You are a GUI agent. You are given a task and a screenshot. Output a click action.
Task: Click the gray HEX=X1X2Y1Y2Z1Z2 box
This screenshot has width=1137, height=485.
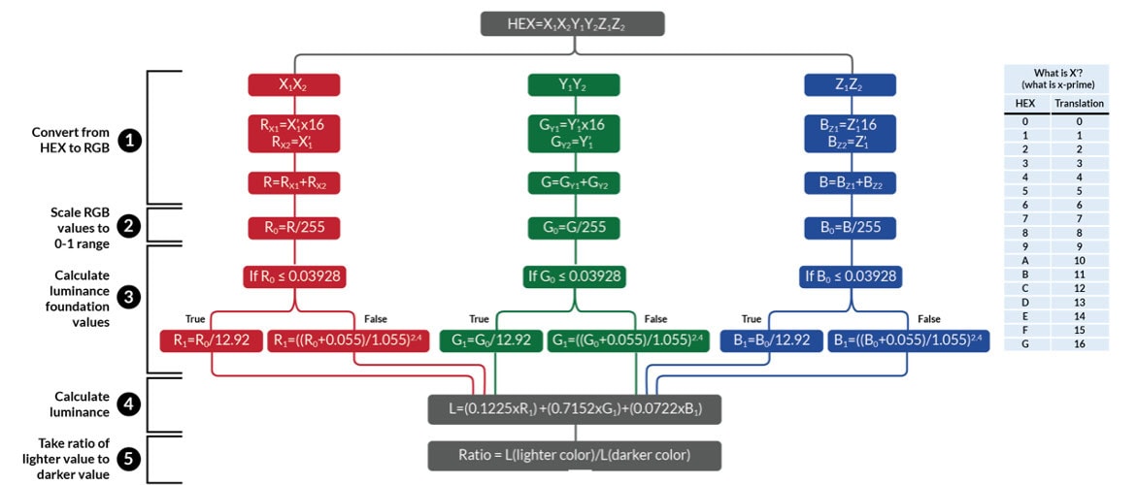point(572,24)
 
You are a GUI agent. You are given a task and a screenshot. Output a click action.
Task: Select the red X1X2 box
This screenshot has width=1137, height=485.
point(293,84)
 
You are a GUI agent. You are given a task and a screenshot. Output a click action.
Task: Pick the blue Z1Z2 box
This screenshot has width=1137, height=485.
point(850,84)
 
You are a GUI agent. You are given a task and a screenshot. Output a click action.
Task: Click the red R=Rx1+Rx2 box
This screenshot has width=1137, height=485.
point(293,181)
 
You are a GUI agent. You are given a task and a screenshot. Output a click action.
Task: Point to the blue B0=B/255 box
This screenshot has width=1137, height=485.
point(850,228)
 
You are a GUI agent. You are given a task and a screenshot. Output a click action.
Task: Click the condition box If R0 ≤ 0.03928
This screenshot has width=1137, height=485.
point(293,276)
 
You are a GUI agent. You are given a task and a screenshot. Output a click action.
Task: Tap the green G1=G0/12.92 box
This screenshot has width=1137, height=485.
point(490,340)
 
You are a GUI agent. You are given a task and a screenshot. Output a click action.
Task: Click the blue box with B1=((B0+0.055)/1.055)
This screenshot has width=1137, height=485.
point(908,340)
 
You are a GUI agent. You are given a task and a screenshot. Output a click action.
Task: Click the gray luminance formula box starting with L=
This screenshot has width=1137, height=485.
point(574,409)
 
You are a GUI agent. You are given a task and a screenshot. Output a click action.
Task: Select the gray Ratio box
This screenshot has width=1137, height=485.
point(574,455)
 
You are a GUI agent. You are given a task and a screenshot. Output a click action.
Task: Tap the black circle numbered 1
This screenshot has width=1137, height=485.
point(129,140)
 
